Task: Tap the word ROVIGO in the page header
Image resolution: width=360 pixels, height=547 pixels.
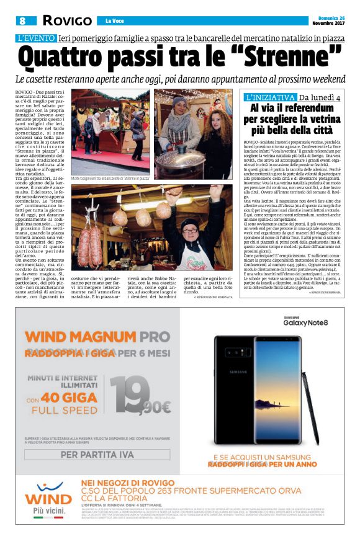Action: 66,20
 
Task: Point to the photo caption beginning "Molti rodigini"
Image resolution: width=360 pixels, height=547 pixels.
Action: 110,178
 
